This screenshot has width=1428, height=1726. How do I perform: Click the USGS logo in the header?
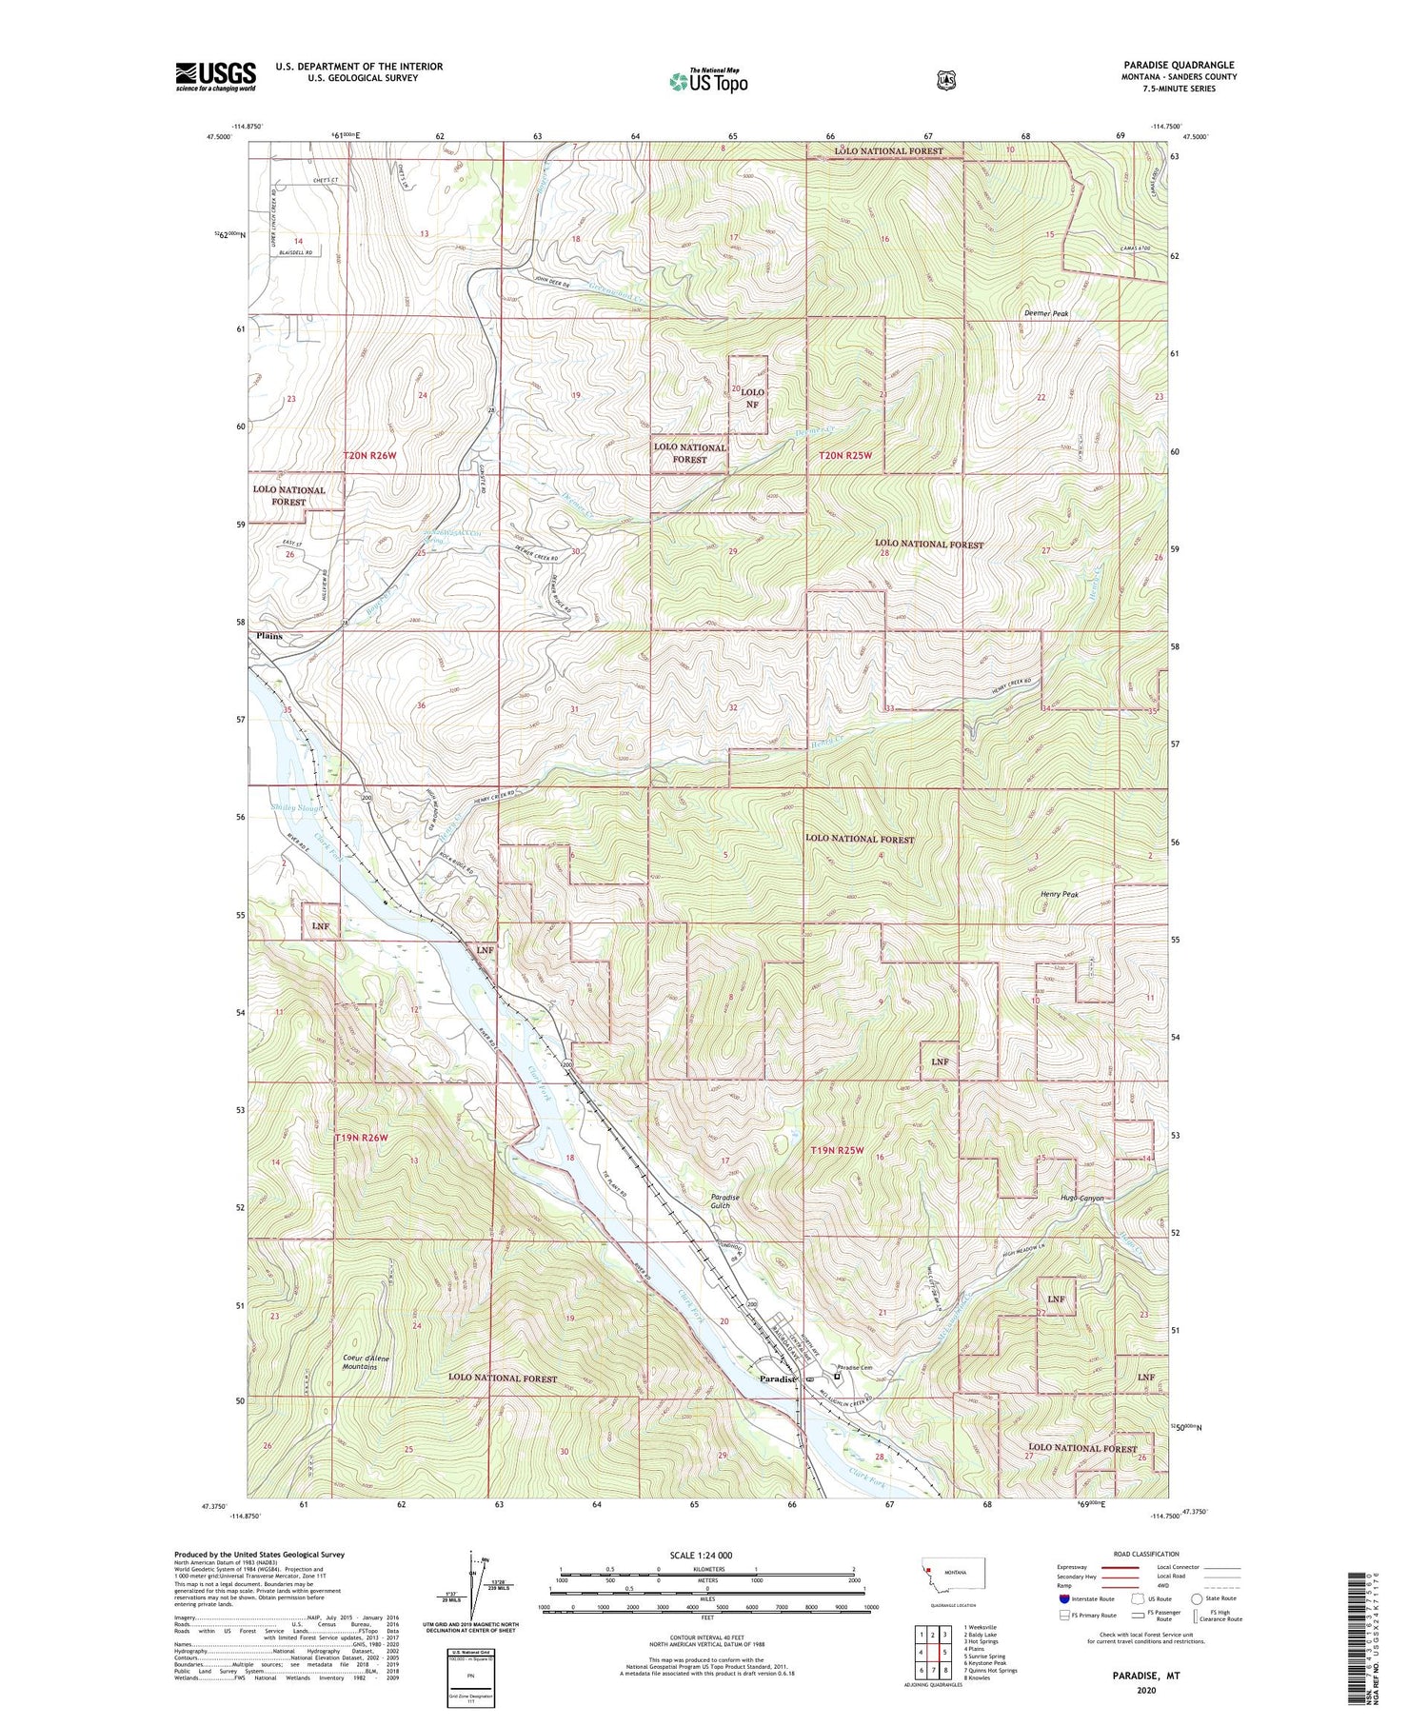click(x=215, y=76)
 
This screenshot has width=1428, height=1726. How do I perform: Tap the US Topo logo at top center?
click(x=708, y=81)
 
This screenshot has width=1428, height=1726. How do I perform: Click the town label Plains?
click(x=268, y=636)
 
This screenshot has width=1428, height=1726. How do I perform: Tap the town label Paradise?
click(x=777, y=1379)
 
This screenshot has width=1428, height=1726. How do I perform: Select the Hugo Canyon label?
click(x=1081, y=1198)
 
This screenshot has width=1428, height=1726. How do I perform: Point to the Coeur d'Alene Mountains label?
click(x=360, y=1362)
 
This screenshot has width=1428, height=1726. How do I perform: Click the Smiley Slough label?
click(x=296, y=808)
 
